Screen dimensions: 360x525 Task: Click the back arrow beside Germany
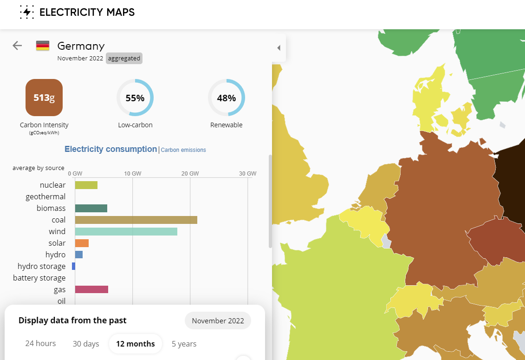[17, 46]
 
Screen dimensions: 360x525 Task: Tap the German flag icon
[43, 46]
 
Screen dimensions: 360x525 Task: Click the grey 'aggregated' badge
[124, 59]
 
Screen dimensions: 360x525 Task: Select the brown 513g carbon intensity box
[44, 98]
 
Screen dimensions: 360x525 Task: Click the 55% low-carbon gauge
[135, 98]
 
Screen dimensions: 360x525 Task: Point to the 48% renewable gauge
[227, 98]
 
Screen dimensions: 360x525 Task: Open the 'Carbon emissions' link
[183, 150]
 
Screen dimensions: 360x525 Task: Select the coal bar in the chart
[136, 220]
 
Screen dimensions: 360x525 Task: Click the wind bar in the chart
[126, 231]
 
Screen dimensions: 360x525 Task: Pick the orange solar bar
[82, 243]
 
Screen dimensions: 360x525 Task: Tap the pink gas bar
[91, 289]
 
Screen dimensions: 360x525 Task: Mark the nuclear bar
[86, 185]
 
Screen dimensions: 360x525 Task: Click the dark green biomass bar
[91, 208]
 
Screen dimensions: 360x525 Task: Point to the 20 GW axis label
[190, 174]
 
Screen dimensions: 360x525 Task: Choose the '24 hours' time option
[40, 344]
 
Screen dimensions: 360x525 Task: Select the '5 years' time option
[184, 344]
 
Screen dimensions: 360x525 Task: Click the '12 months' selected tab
[136, 344]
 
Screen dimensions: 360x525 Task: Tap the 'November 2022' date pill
[218, 321]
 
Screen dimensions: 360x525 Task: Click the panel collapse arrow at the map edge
[279, 48]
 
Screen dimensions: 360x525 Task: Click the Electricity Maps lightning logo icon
[27, 12]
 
